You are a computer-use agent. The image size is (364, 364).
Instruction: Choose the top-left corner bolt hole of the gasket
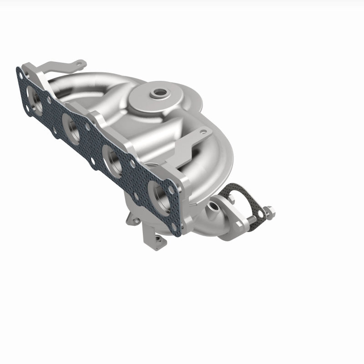[20, 71]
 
